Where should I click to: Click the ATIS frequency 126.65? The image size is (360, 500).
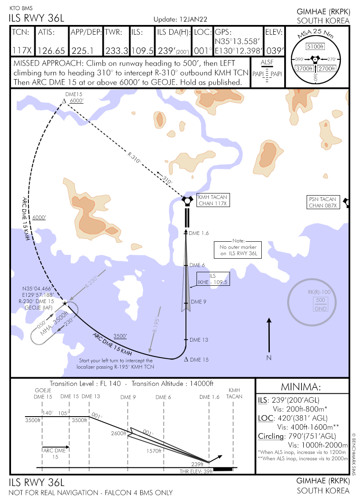[51, 51]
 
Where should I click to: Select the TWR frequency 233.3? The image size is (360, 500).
[116, 51]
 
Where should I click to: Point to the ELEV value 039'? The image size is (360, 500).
[274, 51]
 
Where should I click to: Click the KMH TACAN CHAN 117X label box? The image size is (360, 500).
[213, 200]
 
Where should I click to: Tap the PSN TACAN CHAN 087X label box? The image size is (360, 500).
[322, 202]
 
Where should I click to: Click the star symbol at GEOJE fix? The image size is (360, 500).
[65, 303]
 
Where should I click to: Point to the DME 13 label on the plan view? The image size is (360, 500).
[199, 340]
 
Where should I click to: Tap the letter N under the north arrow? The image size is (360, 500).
[269, 358]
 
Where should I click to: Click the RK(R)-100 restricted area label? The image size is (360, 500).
[318, 293]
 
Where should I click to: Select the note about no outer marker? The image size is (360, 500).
[238, 248]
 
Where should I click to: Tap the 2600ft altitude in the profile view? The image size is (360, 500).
[119, 434]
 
